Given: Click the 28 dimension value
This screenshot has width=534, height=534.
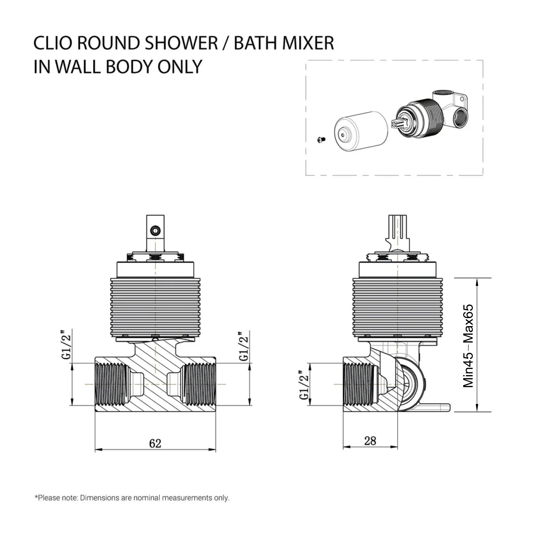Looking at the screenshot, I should (x=370, y=441).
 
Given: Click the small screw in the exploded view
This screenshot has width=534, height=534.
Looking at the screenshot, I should (x=321, y=140).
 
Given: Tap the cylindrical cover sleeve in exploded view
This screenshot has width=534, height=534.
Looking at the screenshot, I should (x=361, y=131).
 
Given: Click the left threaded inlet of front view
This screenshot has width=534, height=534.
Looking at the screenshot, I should (x=111, y=384).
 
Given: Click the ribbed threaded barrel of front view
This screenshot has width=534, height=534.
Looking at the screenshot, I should (x=155, y=307).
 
